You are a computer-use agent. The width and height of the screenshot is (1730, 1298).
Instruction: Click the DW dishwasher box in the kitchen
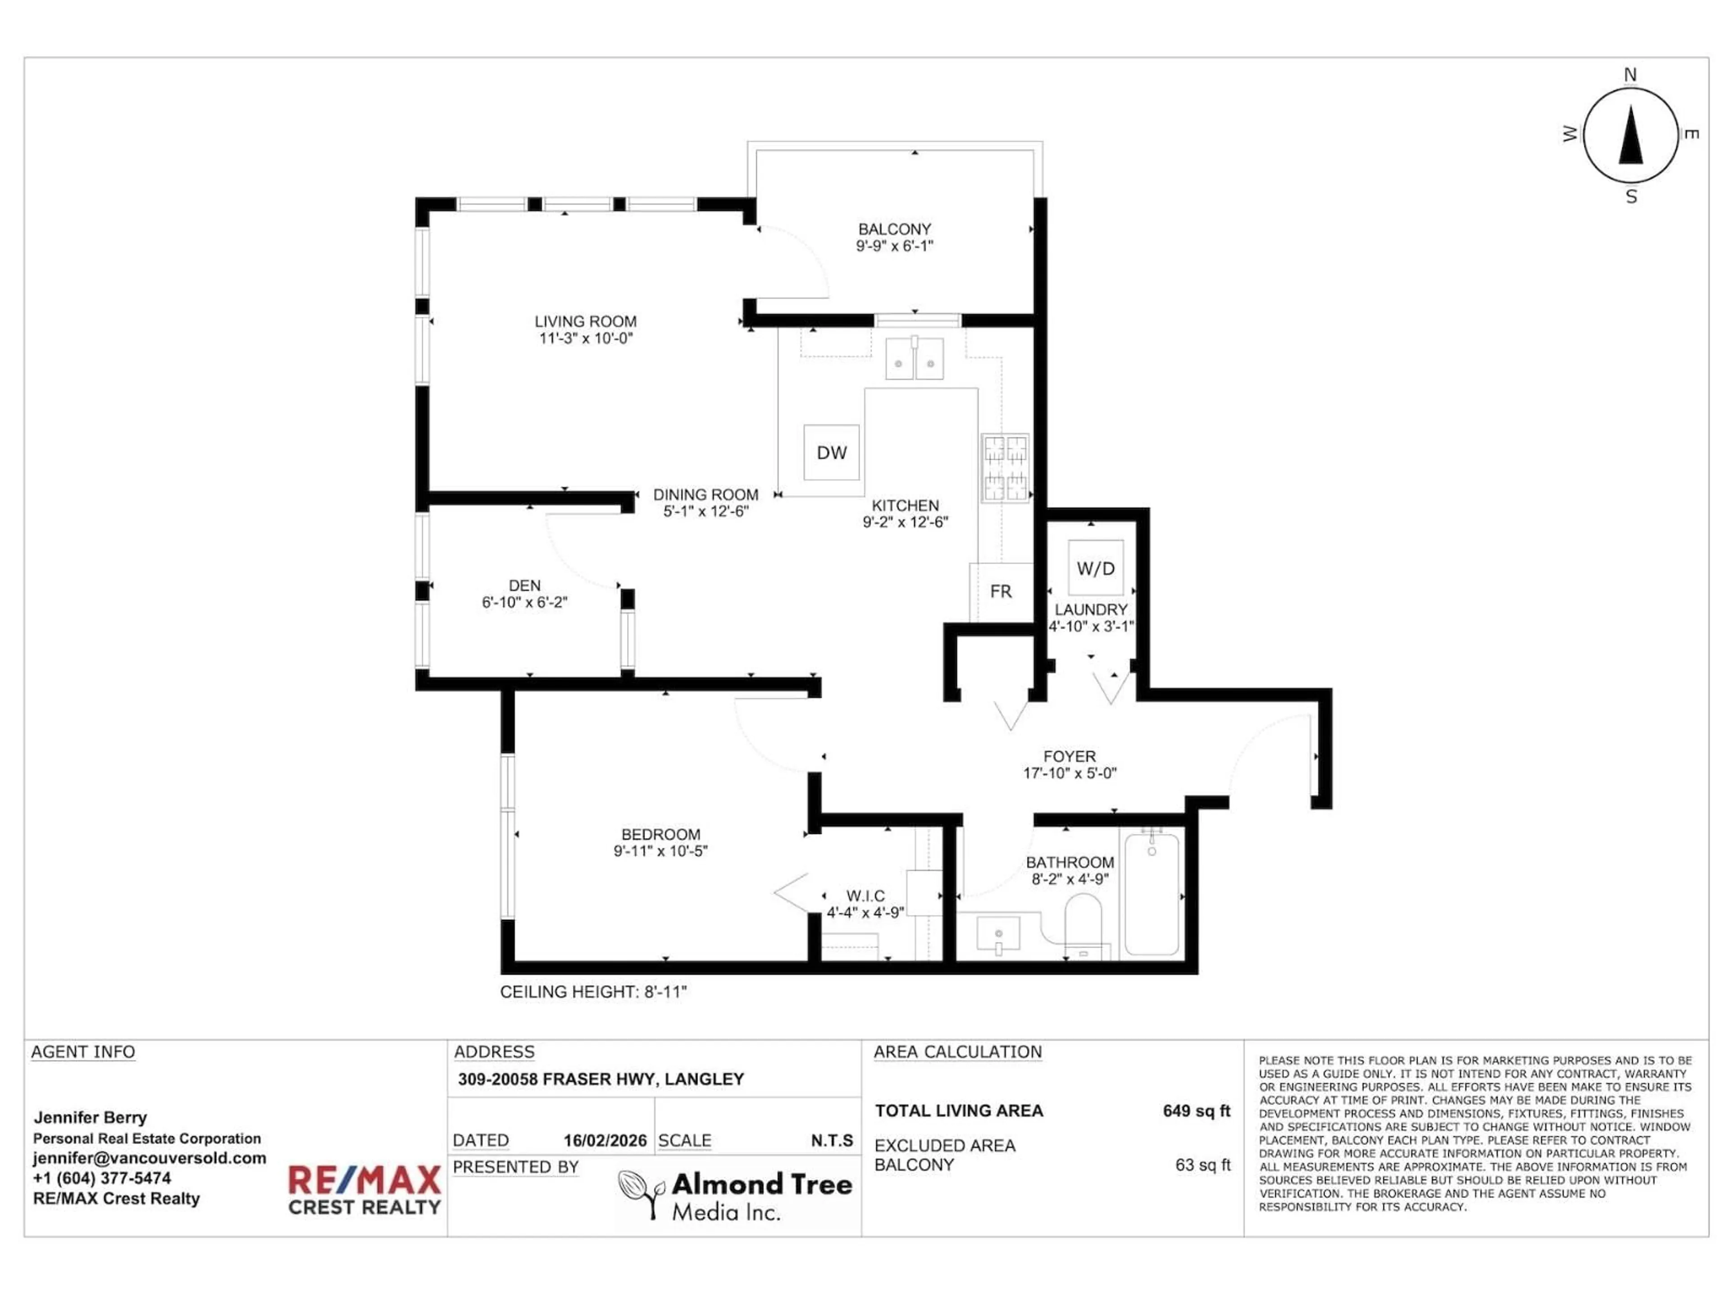pos(831,452)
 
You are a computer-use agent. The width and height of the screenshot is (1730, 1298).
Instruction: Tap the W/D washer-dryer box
pos(1096,568)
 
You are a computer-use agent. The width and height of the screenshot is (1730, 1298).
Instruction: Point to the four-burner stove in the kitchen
pos(1005,468)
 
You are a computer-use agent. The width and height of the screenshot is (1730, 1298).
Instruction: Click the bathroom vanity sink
pos(999,935)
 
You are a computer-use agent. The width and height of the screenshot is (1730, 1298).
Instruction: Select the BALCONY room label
pos(895,229)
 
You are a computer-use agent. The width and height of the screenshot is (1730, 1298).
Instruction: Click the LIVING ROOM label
pos(586,321)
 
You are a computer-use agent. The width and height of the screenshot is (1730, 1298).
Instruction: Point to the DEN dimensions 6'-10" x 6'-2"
pos(525,603)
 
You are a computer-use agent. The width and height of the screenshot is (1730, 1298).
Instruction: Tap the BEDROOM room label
pos(661,835)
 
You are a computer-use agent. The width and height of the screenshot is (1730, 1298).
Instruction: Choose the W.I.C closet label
pos(866,896)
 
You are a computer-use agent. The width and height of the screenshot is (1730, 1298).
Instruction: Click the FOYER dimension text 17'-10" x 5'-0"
pos(1070,773)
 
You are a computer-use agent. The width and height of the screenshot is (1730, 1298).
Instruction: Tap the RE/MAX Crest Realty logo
pos(364,1190)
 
